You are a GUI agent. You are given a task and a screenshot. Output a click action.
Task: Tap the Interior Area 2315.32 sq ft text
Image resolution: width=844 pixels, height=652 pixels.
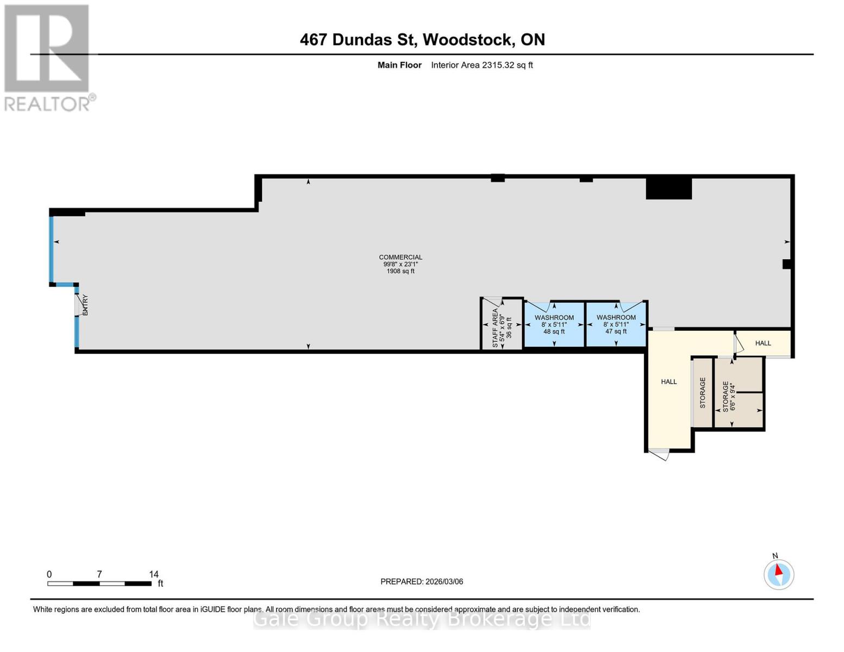(x=482, y=65)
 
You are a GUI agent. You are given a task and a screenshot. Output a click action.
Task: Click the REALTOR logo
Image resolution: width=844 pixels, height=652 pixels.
(x=48, y=58)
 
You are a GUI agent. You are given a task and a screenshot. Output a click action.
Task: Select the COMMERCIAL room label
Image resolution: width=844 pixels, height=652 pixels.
(x=401, y=257)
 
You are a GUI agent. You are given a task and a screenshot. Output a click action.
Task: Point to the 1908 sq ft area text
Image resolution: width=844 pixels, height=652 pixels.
(x=401, y=271)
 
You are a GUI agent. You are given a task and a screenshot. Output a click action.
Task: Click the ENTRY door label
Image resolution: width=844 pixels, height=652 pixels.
(x=85, y=305)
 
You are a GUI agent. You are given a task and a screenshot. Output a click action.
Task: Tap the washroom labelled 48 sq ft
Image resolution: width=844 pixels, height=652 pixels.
(x=554, y=324)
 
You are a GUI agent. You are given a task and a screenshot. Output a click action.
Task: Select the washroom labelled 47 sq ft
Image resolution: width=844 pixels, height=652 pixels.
(x=616, y=324)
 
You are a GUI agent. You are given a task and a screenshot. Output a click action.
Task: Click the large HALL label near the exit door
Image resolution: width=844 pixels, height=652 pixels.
(x=668, y=382)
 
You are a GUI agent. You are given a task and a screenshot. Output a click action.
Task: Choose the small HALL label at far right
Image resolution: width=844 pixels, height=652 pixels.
(x=763, y=343)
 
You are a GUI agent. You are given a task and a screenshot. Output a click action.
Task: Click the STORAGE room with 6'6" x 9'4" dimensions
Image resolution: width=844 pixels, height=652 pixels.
(x=729, y=396)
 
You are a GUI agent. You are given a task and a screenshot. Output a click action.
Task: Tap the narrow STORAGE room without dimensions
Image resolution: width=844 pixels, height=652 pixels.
(x=703, y=392)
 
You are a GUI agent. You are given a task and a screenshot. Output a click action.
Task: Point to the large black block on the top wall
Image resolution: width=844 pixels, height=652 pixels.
(x=668, y=189)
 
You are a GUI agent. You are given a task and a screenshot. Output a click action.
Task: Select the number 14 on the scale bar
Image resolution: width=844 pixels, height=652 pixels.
(x=154, y=574)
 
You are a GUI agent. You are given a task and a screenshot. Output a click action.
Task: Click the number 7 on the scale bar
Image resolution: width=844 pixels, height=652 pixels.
(x=99, y=574)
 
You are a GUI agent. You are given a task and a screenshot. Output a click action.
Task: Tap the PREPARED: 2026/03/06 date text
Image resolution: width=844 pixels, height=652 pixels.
(x=422, y=582)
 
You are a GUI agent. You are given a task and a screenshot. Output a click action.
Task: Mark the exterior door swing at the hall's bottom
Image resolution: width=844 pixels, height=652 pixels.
(x=659, y=454)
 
